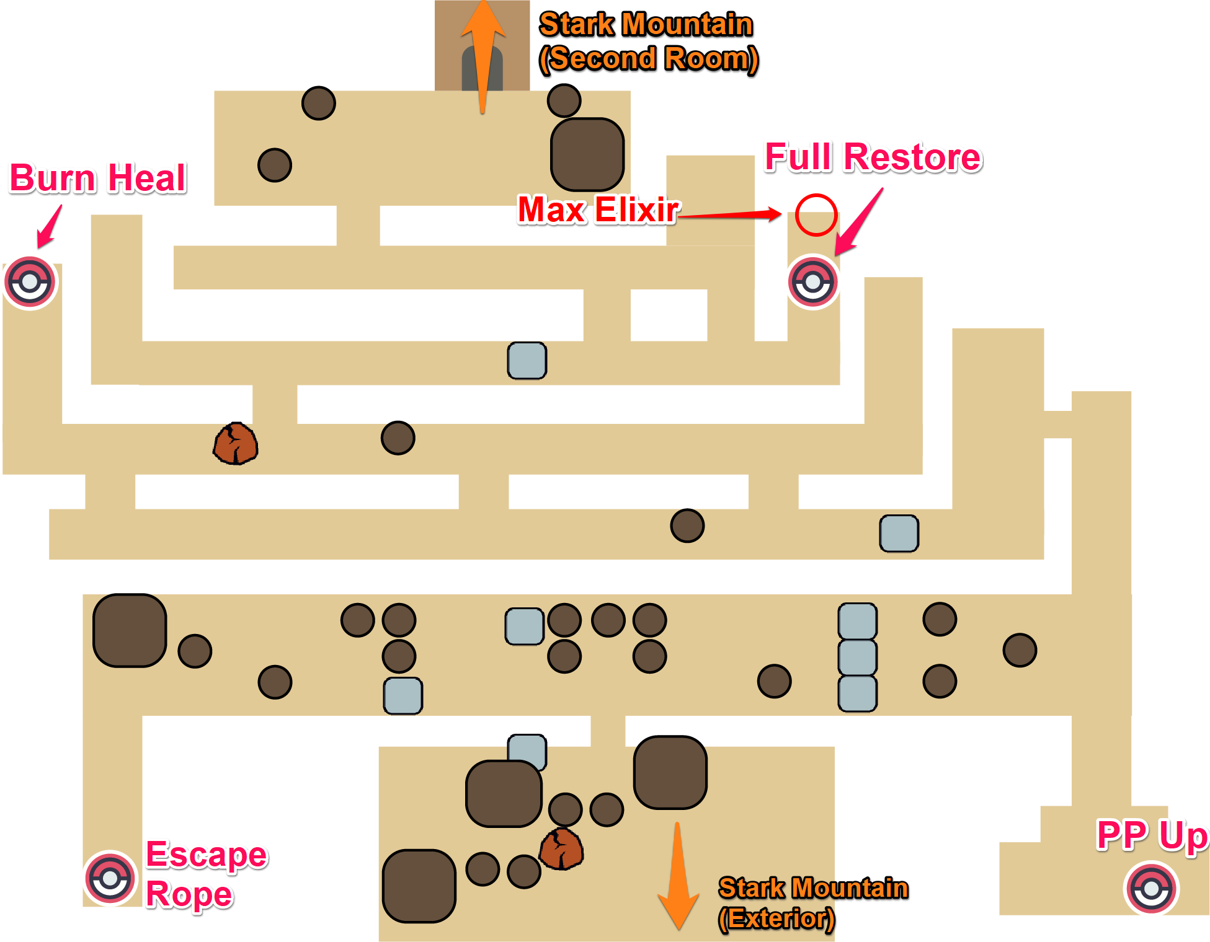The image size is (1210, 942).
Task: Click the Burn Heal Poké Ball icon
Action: coord(30,283)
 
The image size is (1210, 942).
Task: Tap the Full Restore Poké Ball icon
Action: coord(812,283)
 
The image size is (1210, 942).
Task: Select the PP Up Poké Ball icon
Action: coord(1151,889)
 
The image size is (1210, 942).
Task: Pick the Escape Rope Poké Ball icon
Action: coord(110,878)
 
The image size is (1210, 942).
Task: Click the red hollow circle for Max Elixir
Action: coord(816,215)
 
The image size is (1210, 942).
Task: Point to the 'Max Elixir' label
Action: coord(598,209)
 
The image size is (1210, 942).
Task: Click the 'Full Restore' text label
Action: coord(873,157)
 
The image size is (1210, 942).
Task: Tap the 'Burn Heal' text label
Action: coord(98,178)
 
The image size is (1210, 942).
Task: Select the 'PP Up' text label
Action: coord(1152,835)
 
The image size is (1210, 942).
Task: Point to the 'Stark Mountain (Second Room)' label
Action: coord(647,42)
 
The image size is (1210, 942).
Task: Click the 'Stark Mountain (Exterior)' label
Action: coord(812,903)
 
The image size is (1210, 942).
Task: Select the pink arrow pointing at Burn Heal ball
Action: coord(50,227)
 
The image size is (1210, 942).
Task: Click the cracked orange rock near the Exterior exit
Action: coord(561,849)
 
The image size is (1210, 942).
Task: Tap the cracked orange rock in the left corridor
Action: coord(235,444)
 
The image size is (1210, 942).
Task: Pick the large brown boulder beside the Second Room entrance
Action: coord(587,154)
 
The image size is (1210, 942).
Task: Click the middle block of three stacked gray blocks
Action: coord(857,657)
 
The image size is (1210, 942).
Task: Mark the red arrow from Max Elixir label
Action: coord(731,214)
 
